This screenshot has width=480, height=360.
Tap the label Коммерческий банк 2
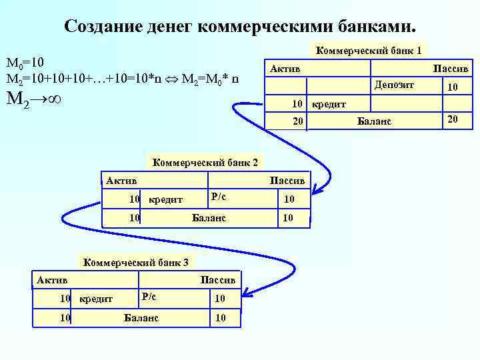click(206, 162)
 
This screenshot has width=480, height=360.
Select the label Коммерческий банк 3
click(135, 261)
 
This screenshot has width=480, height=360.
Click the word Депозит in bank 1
click(395, 85)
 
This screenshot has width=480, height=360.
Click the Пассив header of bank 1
click(451, 69)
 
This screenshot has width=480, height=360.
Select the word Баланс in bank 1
click(375, 121)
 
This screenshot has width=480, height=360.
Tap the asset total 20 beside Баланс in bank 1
click(298, 121)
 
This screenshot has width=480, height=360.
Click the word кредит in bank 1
click(329, 105)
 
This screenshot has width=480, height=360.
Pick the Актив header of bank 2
click(121, 180)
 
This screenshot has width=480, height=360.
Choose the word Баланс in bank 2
click(209, 217)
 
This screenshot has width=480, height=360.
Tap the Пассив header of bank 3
click(217, 279)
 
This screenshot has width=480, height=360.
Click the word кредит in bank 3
click(96, 299)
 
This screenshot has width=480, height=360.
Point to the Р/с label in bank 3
click(148, 295)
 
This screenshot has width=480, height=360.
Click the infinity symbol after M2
click(55, 100)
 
